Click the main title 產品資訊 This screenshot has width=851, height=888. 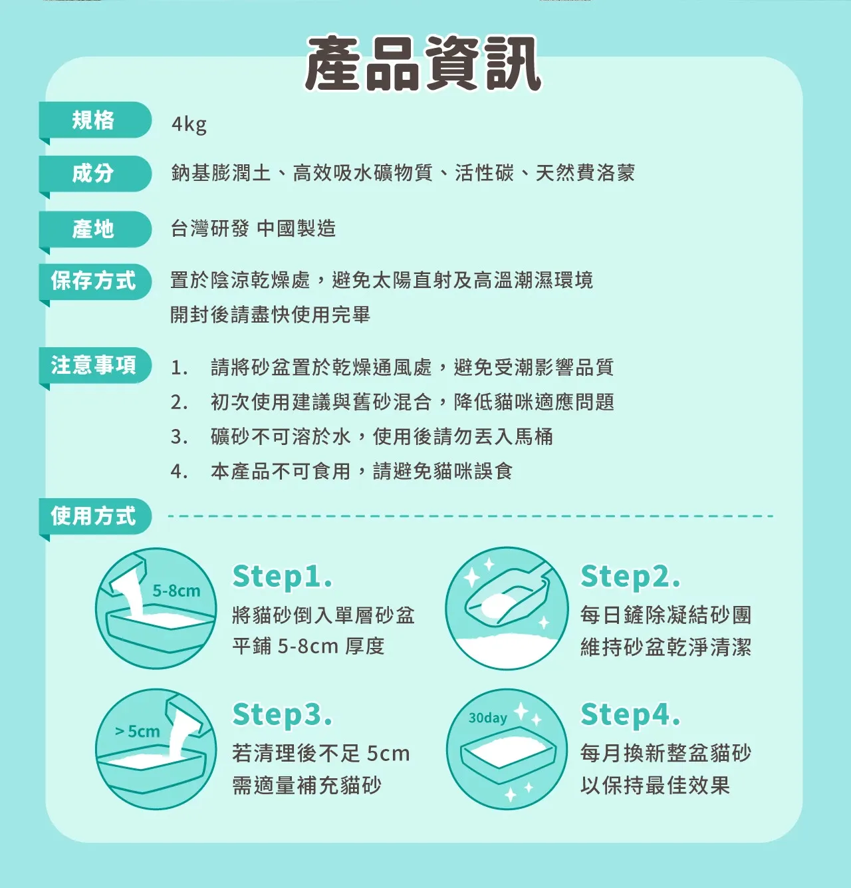[x=424, y=63]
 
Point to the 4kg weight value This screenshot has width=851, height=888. [x=189, y=124]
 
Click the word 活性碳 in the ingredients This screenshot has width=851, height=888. [x=484, y=173]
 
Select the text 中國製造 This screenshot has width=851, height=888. [x=297, y=228]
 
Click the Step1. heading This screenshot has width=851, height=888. [x=283, y=577]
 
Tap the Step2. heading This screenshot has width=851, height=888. [x=630, y=577]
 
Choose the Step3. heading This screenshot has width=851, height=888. [x=283, y=714]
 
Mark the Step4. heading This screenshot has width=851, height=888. [x=630, y=714]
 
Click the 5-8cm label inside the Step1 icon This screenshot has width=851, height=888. [x=176, y=591]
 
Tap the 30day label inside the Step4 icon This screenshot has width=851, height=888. [x=487, y=718]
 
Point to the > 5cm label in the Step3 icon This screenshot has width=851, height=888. [x=137, y=732]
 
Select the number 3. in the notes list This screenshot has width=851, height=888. [x=180, y=437]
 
